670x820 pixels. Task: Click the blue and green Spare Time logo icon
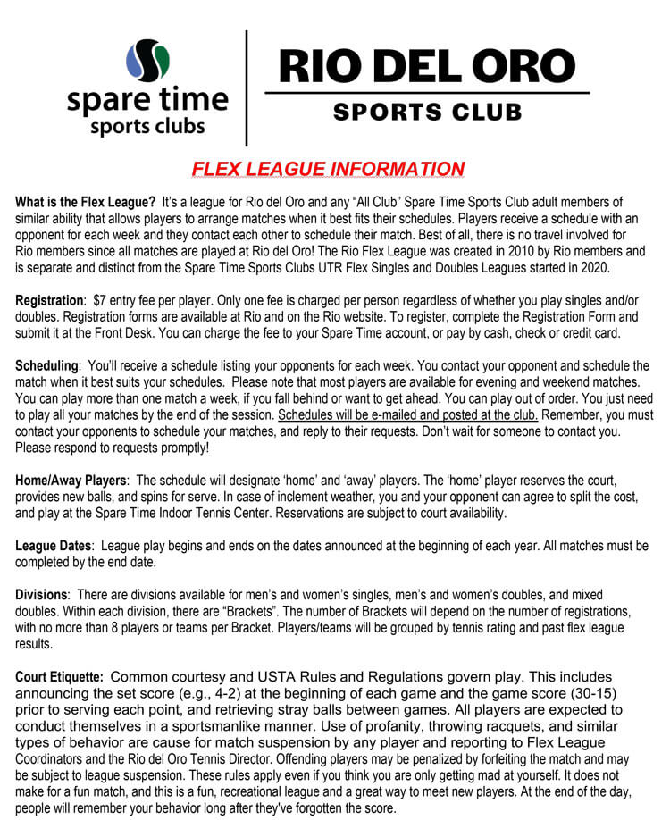click(148, 61)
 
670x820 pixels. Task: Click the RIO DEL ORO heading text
click(427, 65)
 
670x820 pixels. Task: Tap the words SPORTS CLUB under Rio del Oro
click(427, 113)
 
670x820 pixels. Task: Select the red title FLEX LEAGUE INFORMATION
click(328, 169)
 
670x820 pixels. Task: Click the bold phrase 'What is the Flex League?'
click(86, 203)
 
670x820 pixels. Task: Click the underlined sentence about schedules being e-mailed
click(407, 415)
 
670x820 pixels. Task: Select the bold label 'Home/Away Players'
click(71, 481)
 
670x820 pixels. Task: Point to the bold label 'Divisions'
click(42, 595)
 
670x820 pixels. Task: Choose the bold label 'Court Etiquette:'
click(60, 676)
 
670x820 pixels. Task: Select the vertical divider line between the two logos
click(247, 88)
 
